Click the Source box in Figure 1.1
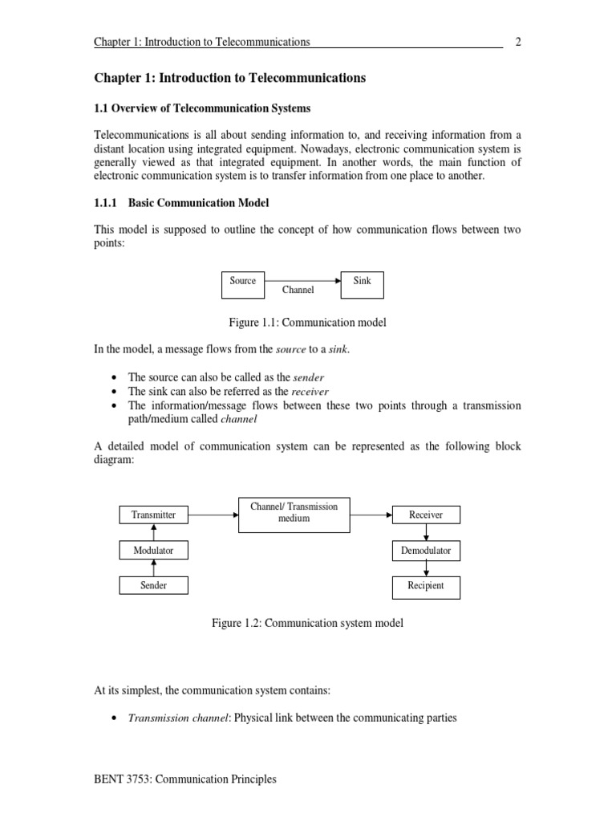click(243, 285)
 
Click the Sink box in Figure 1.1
click(362, 285)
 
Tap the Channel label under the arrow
click(298, 290)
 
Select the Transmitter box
click(153, 515)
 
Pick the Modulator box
click(153, 551)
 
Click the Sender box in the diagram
click(153, 586)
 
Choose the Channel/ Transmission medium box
click(294, 513)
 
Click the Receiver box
click(426, 515)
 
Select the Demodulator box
click(426, 551)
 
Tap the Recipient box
click(426, 587)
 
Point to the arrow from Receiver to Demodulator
click(427, 532)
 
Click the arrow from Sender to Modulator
click(153, 568)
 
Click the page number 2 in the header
click(518, 42)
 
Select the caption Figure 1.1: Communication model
click(308, 323)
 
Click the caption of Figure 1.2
click(307, 623)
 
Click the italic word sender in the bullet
click(308, 376)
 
